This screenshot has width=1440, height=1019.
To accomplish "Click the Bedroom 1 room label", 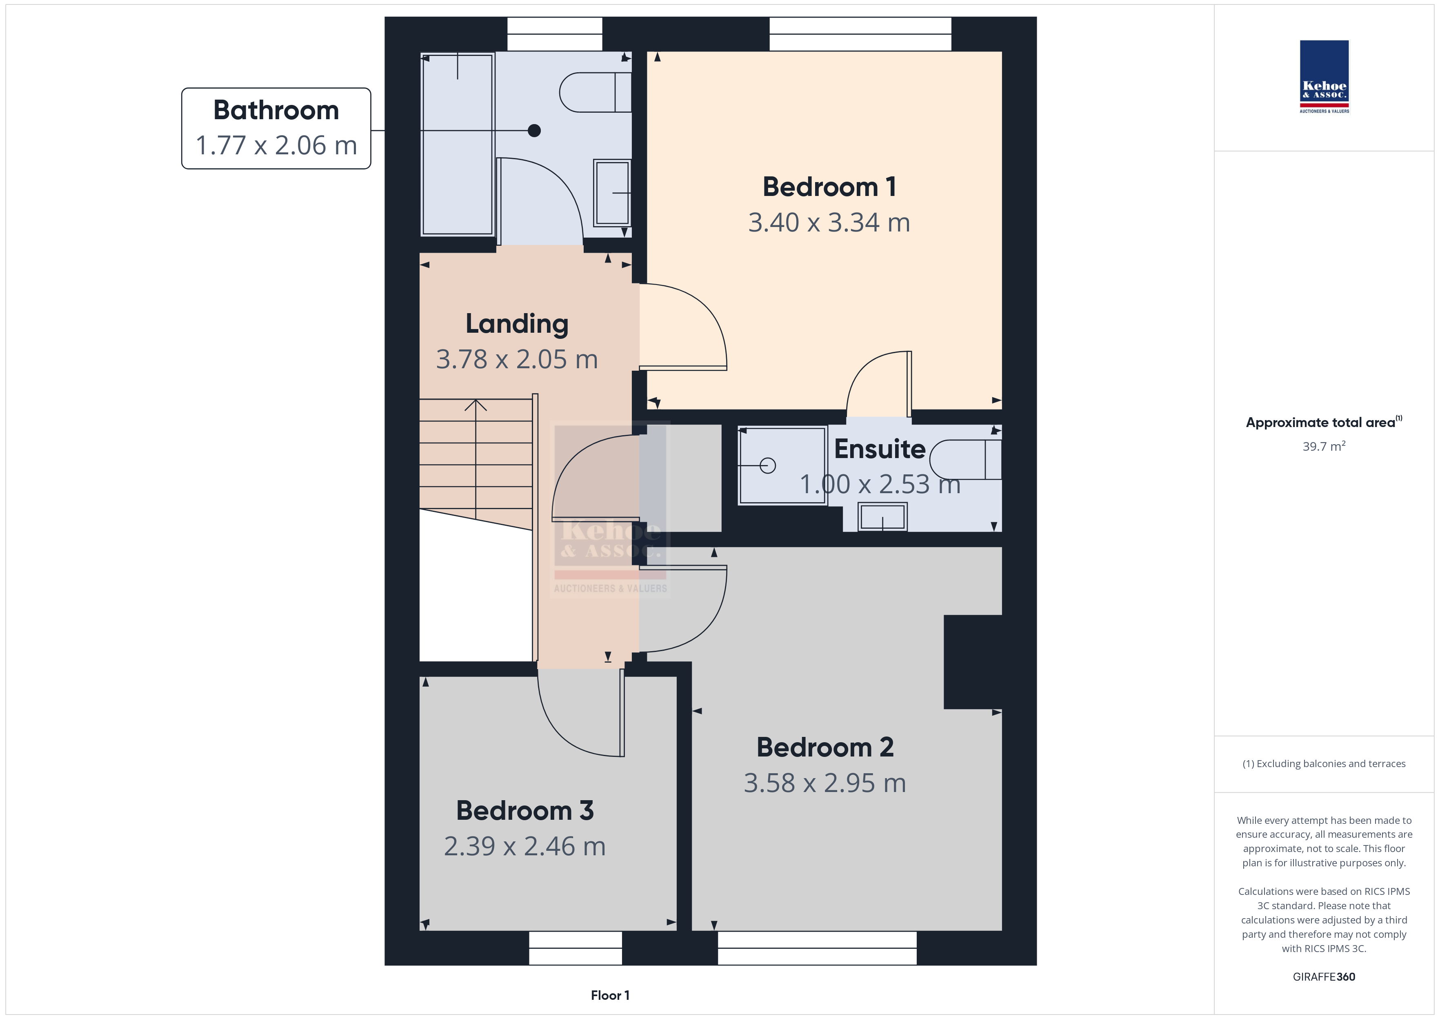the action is click(829, 187).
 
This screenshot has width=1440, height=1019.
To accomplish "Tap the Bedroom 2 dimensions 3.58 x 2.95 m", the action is click(825, 783).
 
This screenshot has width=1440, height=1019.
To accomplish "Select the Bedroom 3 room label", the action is click(525, 811).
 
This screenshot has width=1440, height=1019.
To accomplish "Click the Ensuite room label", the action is click(879, 449).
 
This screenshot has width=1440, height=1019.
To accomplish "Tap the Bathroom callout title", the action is click(276, 111).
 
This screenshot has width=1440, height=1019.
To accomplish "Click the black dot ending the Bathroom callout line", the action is click(534, 131).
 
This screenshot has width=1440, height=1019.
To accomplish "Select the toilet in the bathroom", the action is click(595, 92).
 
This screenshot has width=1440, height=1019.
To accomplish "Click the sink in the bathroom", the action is click(612, 193).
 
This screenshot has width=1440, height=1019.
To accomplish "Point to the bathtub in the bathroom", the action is click(457, 144).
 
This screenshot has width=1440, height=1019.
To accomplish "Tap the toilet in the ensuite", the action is click(965, 460).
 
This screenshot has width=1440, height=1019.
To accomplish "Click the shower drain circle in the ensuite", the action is click(768, 465).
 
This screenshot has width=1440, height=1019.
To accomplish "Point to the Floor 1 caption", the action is click(610, 996).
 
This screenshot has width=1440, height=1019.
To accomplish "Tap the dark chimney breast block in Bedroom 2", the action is click(973, 662).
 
